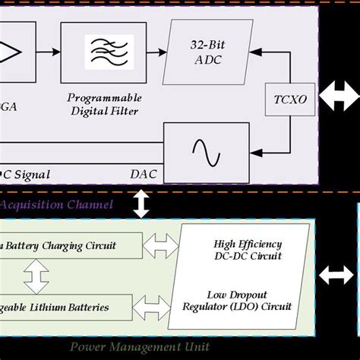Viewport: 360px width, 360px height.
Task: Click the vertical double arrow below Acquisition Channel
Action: tap(141, 204)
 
